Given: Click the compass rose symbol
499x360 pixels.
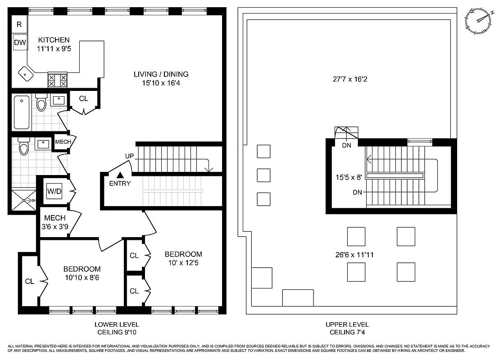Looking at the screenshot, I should point(478,21).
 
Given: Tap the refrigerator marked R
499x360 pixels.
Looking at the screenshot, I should point(19,25).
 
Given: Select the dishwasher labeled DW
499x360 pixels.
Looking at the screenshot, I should point(20,42).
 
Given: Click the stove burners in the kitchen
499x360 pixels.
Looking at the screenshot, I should point(57,80).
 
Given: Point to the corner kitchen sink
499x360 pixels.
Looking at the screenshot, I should point(25,73).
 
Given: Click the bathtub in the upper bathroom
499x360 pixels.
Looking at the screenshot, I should point(22,112).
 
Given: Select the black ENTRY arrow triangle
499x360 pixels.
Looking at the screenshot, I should point(120,175).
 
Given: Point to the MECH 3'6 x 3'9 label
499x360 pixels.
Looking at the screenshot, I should point(55,222).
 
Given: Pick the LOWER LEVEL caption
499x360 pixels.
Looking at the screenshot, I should point(117,324).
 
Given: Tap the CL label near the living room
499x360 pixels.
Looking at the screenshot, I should point(83,99).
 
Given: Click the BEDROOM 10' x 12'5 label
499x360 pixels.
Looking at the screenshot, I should point(183,258).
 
